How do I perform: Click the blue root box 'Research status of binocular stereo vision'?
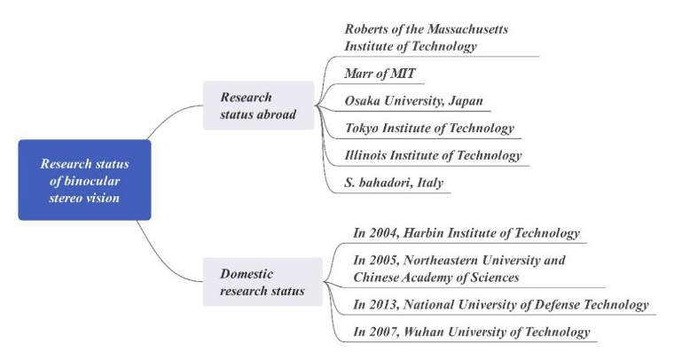(x=84, y=180)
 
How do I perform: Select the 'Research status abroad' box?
(x=259, y=106)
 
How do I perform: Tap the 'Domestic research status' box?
(x=263, y=282)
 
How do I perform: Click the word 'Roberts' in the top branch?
(x=365, y=29)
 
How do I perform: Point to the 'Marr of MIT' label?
(x=380, y=74)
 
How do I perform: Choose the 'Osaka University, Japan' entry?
(x=414, y=101)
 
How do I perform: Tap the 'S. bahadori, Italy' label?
(x=394, y=183)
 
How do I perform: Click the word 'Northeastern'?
(x=441, y=261)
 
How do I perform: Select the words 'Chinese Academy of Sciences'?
(x=436, y=278)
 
